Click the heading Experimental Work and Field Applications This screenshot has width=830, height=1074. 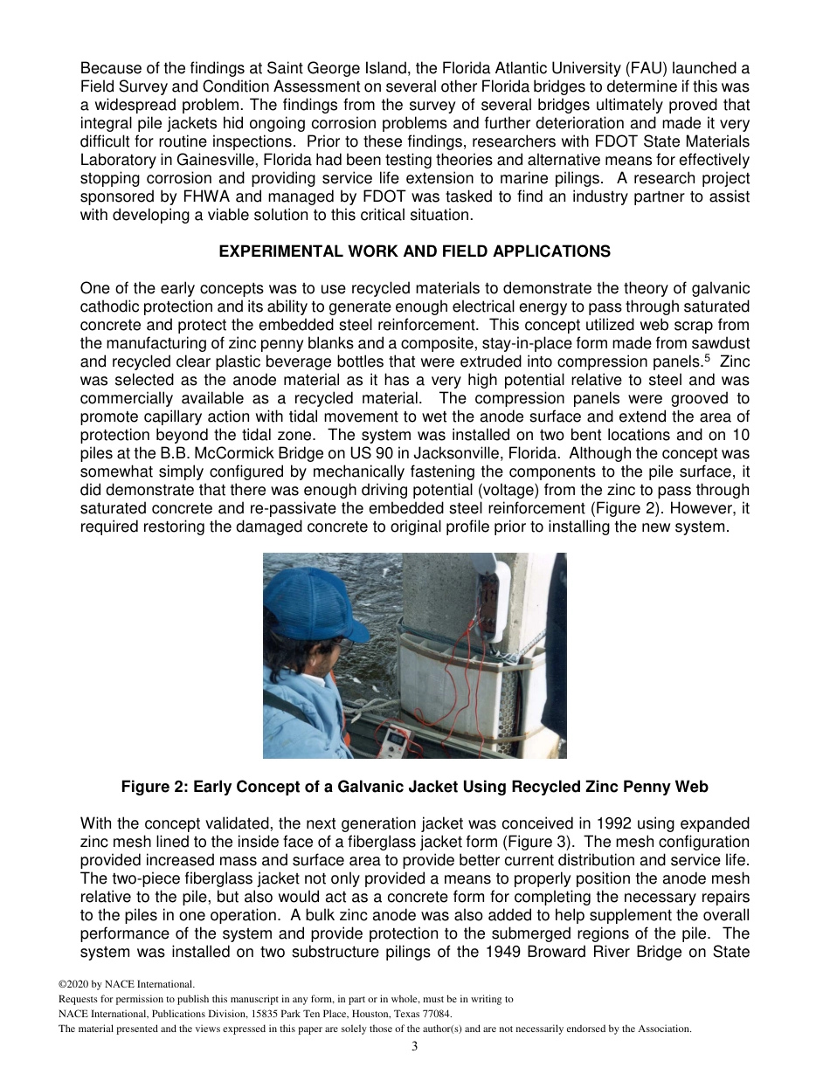[414, 251]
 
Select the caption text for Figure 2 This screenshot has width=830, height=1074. [414, 787]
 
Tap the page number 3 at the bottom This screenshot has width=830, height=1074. [415, 1047]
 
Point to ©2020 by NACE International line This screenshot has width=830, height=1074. [121, 984]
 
